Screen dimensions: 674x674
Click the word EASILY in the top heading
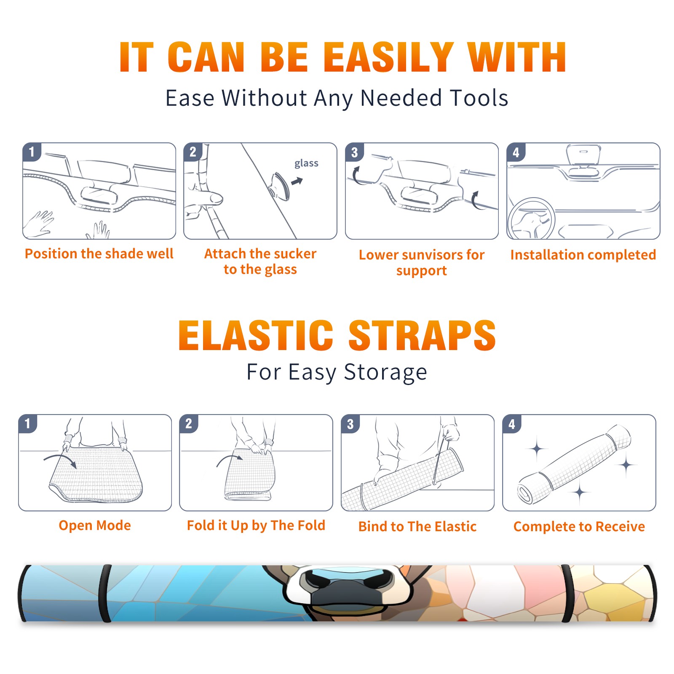point(388,57)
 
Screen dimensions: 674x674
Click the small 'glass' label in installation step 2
point(306,163)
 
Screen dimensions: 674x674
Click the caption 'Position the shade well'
point(99,254)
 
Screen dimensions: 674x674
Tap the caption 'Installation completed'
point(583,254)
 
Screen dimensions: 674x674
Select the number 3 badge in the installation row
point(355,152)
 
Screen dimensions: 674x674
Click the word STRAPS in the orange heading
point(422,335)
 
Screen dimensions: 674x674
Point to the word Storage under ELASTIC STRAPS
point(385,372)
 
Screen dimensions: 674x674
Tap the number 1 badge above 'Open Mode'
point(28,423)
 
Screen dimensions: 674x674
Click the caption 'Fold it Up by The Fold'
point(256,525)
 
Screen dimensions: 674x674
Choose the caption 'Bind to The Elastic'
point(417,527)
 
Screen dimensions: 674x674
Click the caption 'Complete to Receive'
point(579,527)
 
